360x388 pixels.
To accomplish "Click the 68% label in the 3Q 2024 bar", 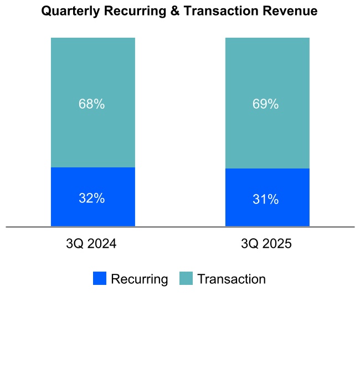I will [92, 104].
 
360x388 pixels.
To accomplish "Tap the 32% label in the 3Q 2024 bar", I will [92, 198].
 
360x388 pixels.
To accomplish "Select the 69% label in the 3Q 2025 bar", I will [266, 104].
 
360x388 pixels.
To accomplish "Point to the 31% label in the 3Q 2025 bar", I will [266, 200].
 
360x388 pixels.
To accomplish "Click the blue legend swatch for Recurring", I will [100, 279].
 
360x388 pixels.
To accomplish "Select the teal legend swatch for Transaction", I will [186, 279].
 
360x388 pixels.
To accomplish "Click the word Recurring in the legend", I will [140, 279].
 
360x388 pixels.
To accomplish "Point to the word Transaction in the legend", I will [232, 279].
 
